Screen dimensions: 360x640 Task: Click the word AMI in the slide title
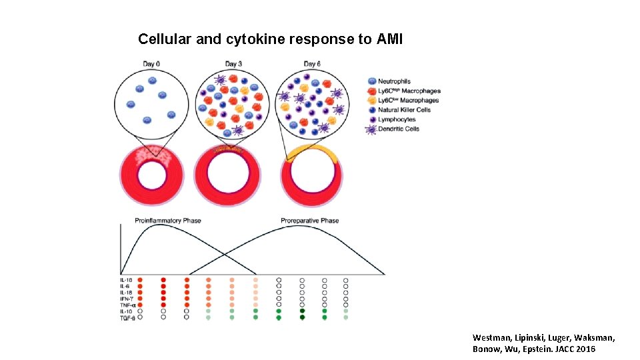tap(389, 39)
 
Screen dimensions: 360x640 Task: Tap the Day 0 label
tap(151, 64)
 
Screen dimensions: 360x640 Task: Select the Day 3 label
tap(233, 64)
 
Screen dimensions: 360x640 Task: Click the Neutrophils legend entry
tap(394, 82)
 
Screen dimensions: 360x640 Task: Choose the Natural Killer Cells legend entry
tap(404, 110)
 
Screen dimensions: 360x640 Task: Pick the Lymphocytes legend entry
tap(397, 119)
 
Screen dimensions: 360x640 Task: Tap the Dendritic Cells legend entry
tap(399, 129)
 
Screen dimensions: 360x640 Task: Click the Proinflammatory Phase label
tap(168, 221)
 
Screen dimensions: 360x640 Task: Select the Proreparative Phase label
tap(309, 221)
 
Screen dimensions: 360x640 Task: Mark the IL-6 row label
tap(125, 286)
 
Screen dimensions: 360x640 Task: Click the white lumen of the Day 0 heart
tap(151, 175)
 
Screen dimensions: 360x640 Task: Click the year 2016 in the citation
tap(583, 349)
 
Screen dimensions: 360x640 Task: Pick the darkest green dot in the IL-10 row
tap(302, 311)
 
